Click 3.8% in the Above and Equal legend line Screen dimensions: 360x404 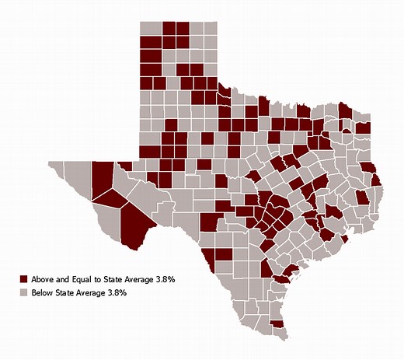173,278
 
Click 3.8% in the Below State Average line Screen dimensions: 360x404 115,292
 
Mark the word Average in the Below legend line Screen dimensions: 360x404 94,292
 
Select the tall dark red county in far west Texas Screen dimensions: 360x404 101,175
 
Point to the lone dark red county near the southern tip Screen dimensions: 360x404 276,324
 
